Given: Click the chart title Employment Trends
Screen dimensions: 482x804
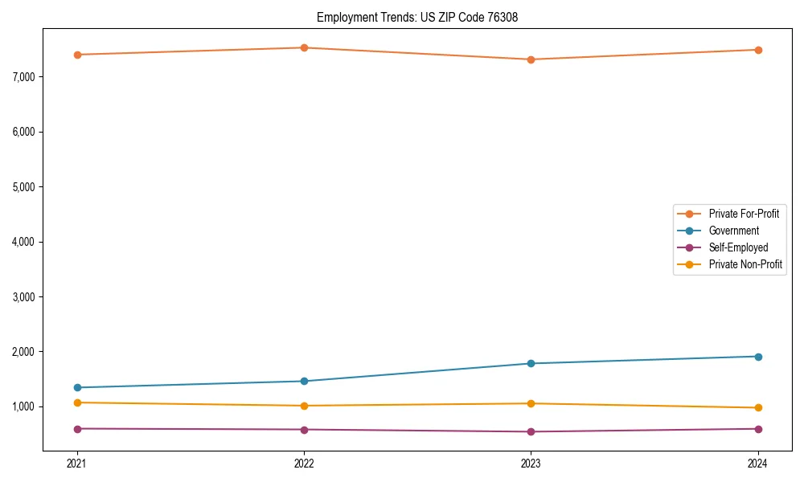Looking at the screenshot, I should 423,17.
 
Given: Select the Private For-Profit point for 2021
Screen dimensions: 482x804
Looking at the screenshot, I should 77,55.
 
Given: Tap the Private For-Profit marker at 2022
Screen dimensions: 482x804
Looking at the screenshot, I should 304,47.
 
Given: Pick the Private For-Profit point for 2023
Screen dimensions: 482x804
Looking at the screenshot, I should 531,59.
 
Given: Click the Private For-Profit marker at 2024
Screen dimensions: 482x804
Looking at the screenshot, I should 758,50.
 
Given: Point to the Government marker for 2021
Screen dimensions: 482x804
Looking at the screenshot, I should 77,387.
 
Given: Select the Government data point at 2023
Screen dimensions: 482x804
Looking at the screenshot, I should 531,363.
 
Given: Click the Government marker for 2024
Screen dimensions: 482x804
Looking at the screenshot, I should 758,357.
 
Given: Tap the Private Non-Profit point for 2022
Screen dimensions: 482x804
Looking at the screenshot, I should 304,406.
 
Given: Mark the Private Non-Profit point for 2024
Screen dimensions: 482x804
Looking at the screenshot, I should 758,407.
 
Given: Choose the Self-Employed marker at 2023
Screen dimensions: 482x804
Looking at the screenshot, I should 531,431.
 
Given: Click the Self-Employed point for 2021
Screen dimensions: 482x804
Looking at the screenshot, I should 77,429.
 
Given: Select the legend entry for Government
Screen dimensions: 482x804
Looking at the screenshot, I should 733,231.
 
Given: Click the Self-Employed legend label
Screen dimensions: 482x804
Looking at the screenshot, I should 738,247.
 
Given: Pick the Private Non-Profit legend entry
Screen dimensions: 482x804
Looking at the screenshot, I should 745,264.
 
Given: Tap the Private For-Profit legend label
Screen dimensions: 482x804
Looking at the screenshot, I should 744,214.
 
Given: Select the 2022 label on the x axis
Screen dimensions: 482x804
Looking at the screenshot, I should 304,464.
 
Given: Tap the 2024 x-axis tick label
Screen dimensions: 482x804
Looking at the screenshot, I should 758,464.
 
